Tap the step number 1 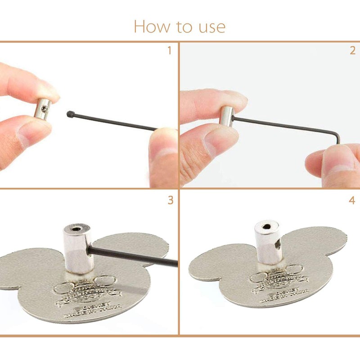(x=169, y=50)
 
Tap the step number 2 (x=352, y=50)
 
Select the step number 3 (x=170, y=200)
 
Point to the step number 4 (x=352, y=200)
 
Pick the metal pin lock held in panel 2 (x=226, y=115)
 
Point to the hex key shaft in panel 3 (x=135, y=255)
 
